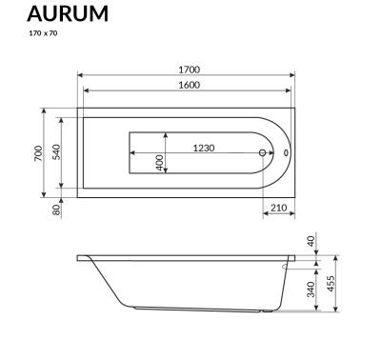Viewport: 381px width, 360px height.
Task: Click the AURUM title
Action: coord(67,13)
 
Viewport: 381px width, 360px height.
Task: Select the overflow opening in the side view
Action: coord(288,267)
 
